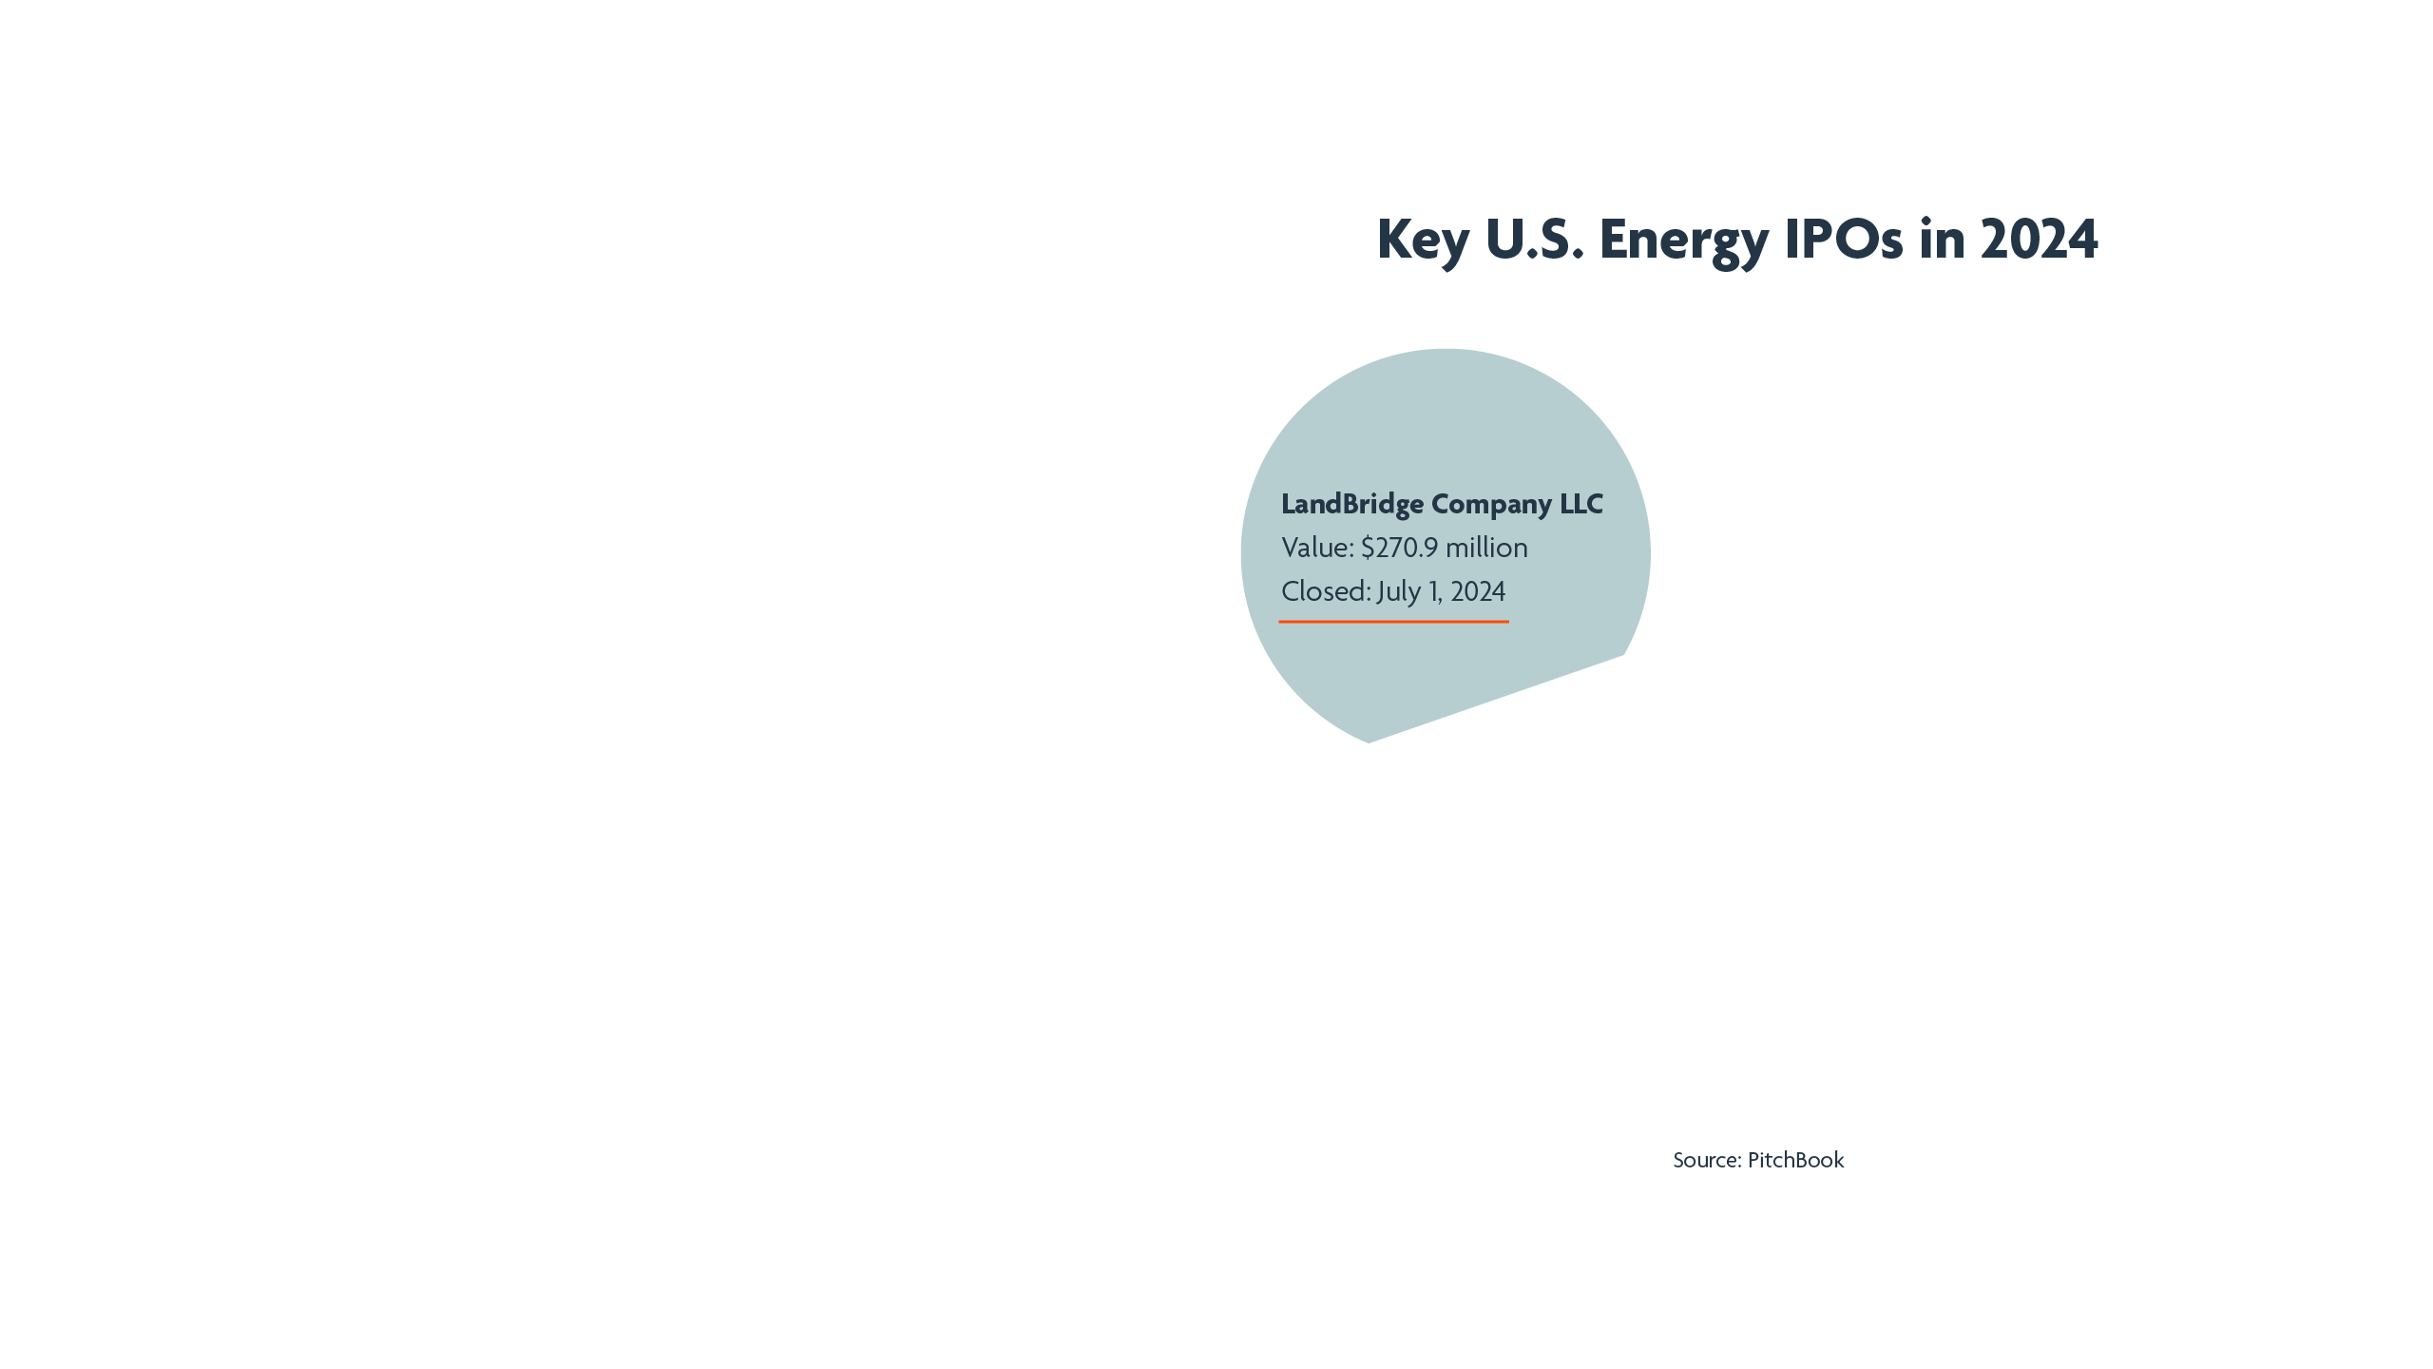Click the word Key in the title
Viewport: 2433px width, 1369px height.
coord(1423,239)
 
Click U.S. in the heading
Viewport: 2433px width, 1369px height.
coord(1534,239)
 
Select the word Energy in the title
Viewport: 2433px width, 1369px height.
coord(1684,239)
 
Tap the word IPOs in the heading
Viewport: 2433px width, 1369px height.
coord(1844,239)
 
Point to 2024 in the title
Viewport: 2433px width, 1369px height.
coord(2039,239)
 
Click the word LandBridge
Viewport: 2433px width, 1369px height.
coord(1352,504)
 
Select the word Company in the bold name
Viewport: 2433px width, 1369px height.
coord(1491,504)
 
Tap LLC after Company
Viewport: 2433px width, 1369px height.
coord(1581,504)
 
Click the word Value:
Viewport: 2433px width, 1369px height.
coord(1317,548)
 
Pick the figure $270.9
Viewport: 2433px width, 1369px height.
coord(1399,548)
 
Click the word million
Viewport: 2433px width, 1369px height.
coord(1486,548)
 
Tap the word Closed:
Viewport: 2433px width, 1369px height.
coord(1326,591)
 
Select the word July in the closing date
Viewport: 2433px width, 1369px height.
coord(1399,591)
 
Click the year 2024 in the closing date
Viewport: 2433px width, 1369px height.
coord(1478,591)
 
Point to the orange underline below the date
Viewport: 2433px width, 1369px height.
coord(1393,622)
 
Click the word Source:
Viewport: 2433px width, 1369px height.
coord(1707,1160)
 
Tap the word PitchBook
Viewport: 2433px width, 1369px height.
coord(1795,1160)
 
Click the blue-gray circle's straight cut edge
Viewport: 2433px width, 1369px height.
coord(1497,699)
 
